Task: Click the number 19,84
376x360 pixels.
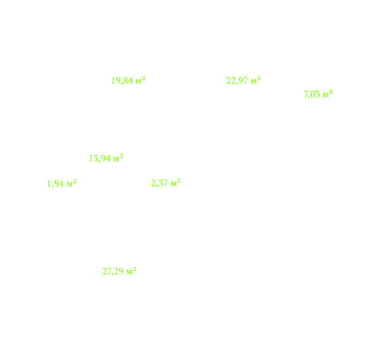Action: [122, 81]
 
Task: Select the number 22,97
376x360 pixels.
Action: [237, 81]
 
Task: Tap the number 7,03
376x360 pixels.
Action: [312, 94]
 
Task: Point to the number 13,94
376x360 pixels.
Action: [99, 158]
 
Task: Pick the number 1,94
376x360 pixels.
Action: [56, 184]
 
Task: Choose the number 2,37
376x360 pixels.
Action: [160, 183]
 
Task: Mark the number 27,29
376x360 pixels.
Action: [113, 272]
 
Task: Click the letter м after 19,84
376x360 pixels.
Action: [139, 82]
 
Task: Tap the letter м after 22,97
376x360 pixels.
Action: [254, 81]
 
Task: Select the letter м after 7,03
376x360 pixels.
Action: [326, 95]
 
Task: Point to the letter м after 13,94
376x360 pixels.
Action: [116, 159]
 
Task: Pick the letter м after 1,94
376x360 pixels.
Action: [69, 185]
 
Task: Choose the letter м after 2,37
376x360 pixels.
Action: [173, 184]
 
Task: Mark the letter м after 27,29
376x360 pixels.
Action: [129, 272]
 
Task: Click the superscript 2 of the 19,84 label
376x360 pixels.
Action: [144, 79]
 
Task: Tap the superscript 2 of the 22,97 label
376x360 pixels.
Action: [259, 79]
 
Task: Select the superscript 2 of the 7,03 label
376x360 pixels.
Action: [331, 92]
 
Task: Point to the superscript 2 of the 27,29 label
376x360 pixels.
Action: [134, 269]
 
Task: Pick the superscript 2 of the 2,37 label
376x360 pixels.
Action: [179, 181]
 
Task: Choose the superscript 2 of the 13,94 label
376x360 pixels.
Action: [122, 156]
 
